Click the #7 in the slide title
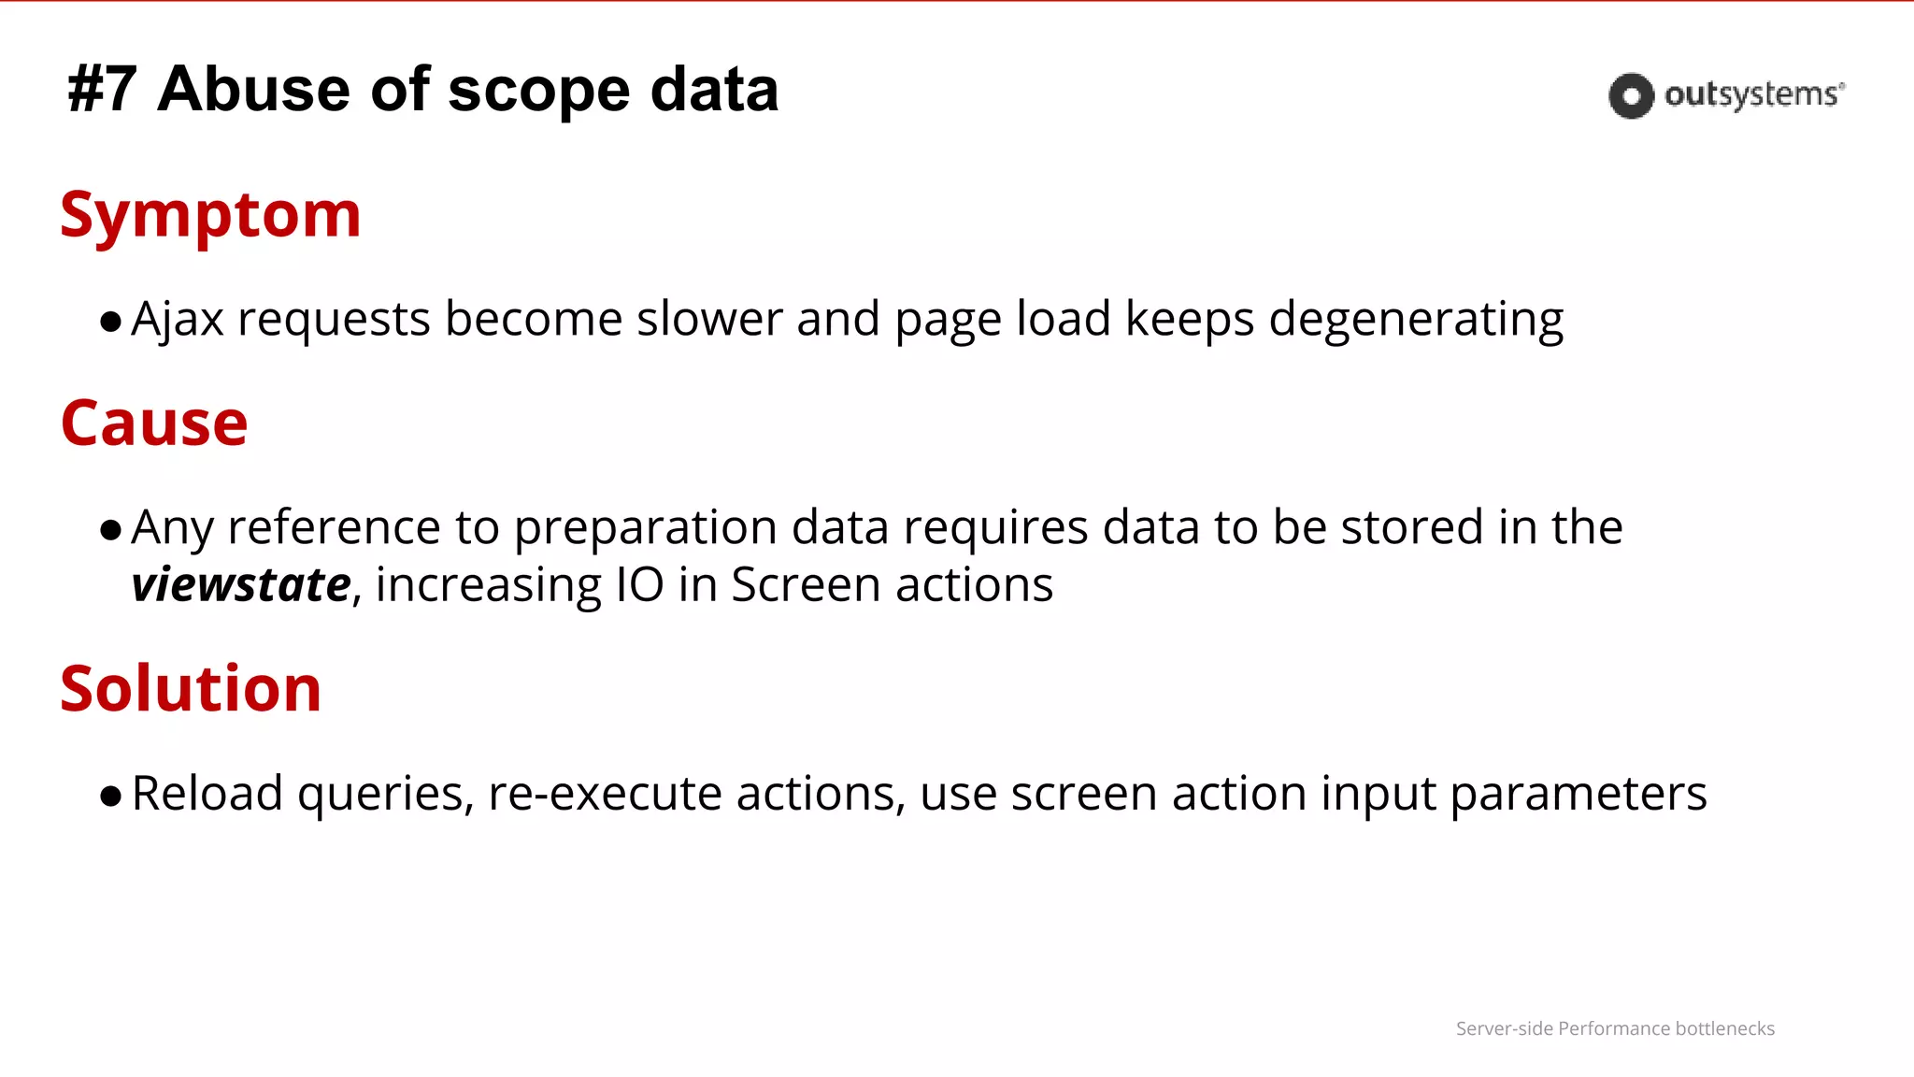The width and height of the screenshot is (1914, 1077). click(x=103, y=91)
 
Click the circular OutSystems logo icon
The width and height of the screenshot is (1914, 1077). click(x=1631, y=95)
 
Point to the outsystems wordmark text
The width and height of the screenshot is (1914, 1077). click(x=1753, y=95)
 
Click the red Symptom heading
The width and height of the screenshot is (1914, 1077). click(x=210, y=216)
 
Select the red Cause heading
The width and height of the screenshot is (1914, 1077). click(x=154, y=424)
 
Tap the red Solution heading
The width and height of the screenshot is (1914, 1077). click(x=191, y=689)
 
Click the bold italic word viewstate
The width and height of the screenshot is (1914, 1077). click(x=241, y=585)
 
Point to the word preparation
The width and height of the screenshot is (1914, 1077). click(x=645, y=529)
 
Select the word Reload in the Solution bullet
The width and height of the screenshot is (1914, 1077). click(x=207, y=794)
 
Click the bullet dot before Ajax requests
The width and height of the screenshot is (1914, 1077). click(x=111, y=323)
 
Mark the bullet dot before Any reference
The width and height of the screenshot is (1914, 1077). click(x=111, y=531)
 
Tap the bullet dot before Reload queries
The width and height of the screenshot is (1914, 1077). click(x=111, y=797)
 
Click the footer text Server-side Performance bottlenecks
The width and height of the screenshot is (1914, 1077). click(x=1615, y=1028)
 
